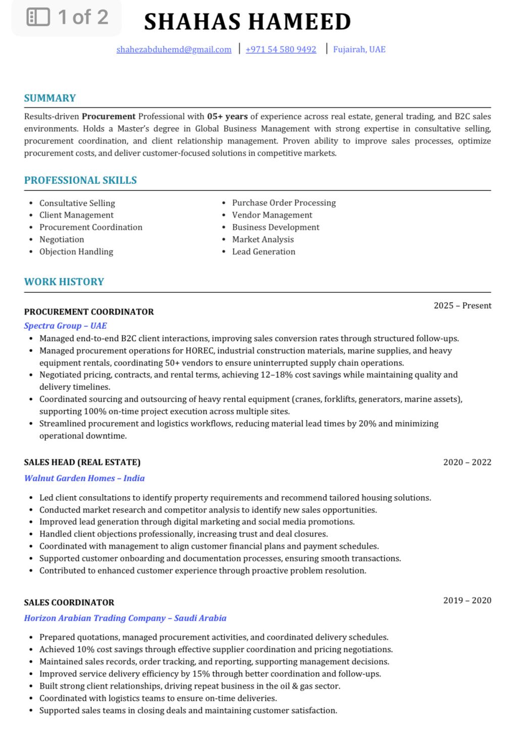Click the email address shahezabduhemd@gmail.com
click(174, 49)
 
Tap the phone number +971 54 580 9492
click(281, 49)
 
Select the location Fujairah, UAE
click(359, 49)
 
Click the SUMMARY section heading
click(50, 98)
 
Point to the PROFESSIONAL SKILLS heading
click(80, 180)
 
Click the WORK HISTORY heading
click(64, 282)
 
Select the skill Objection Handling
click(76, 251)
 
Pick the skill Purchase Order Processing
click(284, 203)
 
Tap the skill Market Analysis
click(263, 239)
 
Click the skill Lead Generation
click(264, 251)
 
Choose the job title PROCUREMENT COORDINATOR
click(89, 312)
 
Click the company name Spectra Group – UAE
click(66, 326)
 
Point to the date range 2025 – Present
click(462, 305)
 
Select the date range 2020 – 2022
click(467, 462)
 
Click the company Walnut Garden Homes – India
click(84, 478)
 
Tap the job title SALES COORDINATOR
click(69, 602)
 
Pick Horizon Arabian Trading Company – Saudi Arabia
click(125, 618)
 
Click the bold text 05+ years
click(227, 117)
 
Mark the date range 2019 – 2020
click(467, 600)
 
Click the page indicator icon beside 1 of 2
click(38, 17)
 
